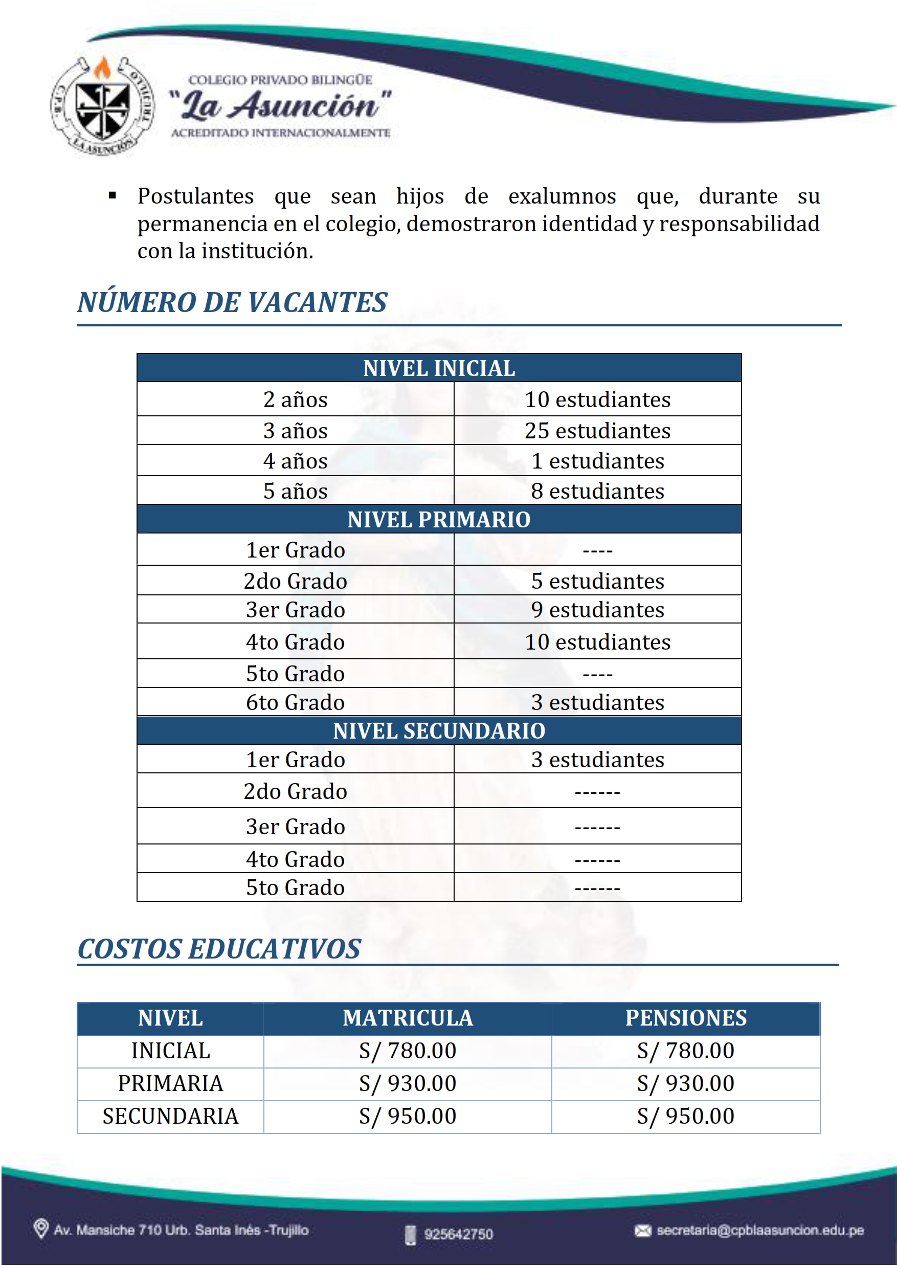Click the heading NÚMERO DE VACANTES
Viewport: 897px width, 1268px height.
pyautogui.click(x=232, y=302)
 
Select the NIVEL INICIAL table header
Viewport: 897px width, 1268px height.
pyautogui.click(x=439, y=368)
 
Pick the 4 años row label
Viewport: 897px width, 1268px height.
pyautogui.click(x=295, y=461)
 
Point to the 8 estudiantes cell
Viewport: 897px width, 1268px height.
pyautogui.click(x=597, y=491)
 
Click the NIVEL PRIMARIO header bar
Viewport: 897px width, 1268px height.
pyautogui.click(x=439, y=519)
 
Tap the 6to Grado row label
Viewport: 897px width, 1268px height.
pyautogui.click(x=295, y=702)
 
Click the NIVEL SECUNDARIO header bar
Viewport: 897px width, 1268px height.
pyautogui.click(x=439, y=731)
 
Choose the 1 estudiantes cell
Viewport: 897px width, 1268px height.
pyautogui.click(x=597, y=461)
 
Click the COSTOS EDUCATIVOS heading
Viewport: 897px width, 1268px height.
pyautogui.click(x=219, y=949)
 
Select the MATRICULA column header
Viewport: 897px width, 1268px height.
pyautogui.click(x=408, y=1018)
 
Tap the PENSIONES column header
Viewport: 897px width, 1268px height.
pyautogui.click(x=685, y=1018)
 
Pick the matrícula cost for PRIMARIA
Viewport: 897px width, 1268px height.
pyautogui.click(x=408, y=1083)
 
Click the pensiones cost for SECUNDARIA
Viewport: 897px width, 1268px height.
pyautogui.click(x=685, y=1116)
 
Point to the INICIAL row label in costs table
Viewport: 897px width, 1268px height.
pyautogui.click(x=171, y=1051)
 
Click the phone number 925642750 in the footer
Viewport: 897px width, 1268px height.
pyautogui.click(x=458, y=1234)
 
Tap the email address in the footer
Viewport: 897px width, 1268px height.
pyautogui.click(x=759, y=1231)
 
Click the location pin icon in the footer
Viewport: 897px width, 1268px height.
pyautogui.click(x=41, y=1229)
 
